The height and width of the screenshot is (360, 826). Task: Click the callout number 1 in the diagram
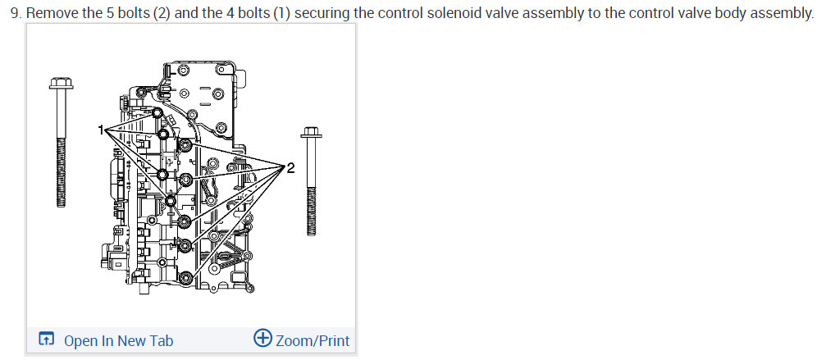101,130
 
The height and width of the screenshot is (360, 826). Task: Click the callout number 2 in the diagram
291,168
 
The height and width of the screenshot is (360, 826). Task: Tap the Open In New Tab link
118,340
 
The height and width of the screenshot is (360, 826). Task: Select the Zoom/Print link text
313,340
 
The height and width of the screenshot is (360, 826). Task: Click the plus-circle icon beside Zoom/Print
262,338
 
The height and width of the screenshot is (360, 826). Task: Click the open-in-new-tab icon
47,339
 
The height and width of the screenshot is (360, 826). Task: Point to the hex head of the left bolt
61,83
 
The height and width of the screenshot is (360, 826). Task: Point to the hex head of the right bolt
311,132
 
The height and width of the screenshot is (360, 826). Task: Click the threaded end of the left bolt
61,173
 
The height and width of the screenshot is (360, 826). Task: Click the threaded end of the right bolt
312,212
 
